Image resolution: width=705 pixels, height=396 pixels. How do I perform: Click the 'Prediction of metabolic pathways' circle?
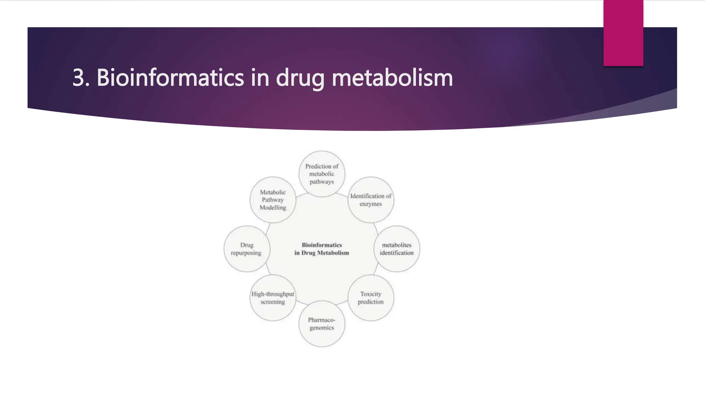[x=322, y=174]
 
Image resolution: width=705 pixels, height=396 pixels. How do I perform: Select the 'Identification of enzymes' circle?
[x=371, y=200]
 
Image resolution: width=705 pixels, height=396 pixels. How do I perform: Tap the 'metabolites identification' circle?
[x=397, y=249]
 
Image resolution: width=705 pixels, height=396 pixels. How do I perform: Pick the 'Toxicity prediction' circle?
[x=371, y=298]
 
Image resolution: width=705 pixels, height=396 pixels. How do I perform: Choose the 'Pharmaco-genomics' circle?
[x=322, y=324]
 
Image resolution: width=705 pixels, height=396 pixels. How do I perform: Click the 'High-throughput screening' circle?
[x=273, y=298]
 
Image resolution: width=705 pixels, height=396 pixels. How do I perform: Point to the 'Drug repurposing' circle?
[x=246, y=249]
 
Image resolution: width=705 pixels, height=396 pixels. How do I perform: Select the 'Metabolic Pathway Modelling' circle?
[x=273, y=200]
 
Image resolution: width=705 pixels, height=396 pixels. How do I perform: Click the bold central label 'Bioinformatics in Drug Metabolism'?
[x=322, y=249]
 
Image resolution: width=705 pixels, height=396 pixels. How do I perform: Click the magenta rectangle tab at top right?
[x=623, y=33]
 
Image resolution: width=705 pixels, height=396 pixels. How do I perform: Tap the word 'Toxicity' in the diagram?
[x=371, y=294]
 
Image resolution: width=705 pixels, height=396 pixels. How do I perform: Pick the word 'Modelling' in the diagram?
[x=273, y=208]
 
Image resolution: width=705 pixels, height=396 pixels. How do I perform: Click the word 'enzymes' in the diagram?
[x=371, y=204]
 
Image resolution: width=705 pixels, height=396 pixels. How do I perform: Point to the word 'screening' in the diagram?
[x=273, y=302]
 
